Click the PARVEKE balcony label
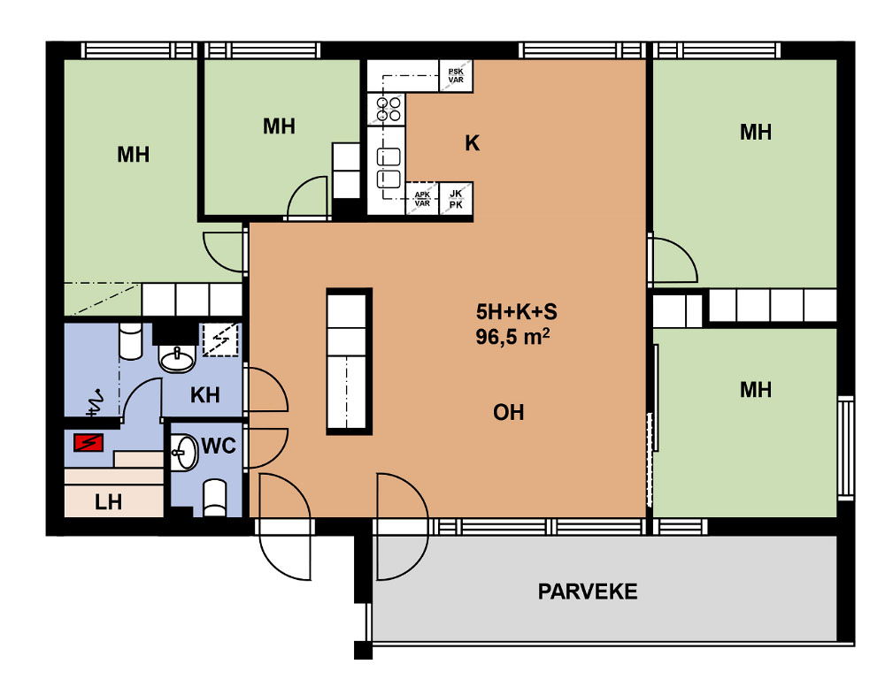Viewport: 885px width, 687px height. [588, 592]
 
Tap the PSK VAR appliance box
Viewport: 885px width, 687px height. [456, 75]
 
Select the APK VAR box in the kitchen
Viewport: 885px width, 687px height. [422, 199]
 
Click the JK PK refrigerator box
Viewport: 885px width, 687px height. [456, 199]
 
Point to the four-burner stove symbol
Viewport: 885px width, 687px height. [387, 110]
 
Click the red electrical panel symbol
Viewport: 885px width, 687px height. [88, 443]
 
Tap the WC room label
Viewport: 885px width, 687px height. [219, 447]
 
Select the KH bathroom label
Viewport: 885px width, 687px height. [205, 395]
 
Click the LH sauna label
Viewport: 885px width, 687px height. [108, 501]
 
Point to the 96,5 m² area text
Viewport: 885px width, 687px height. [512, 337]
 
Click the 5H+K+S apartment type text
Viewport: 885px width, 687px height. [517, 311]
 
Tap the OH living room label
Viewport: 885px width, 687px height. [509, 413]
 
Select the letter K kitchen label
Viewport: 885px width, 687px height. [473, 143]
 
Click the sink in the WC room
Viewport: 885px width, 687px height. [184, 452]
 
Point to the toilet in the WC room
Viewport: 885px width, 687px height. [214, 498]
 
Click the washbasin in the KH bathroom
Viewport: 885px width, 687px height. [177, 357]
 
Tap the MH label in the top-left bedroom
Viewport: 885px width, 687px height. [134, 154]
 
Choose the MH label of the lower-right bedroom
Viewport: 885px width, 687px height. [756, 389]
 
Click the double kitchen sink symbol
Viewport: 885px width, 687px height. [389, 167]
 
